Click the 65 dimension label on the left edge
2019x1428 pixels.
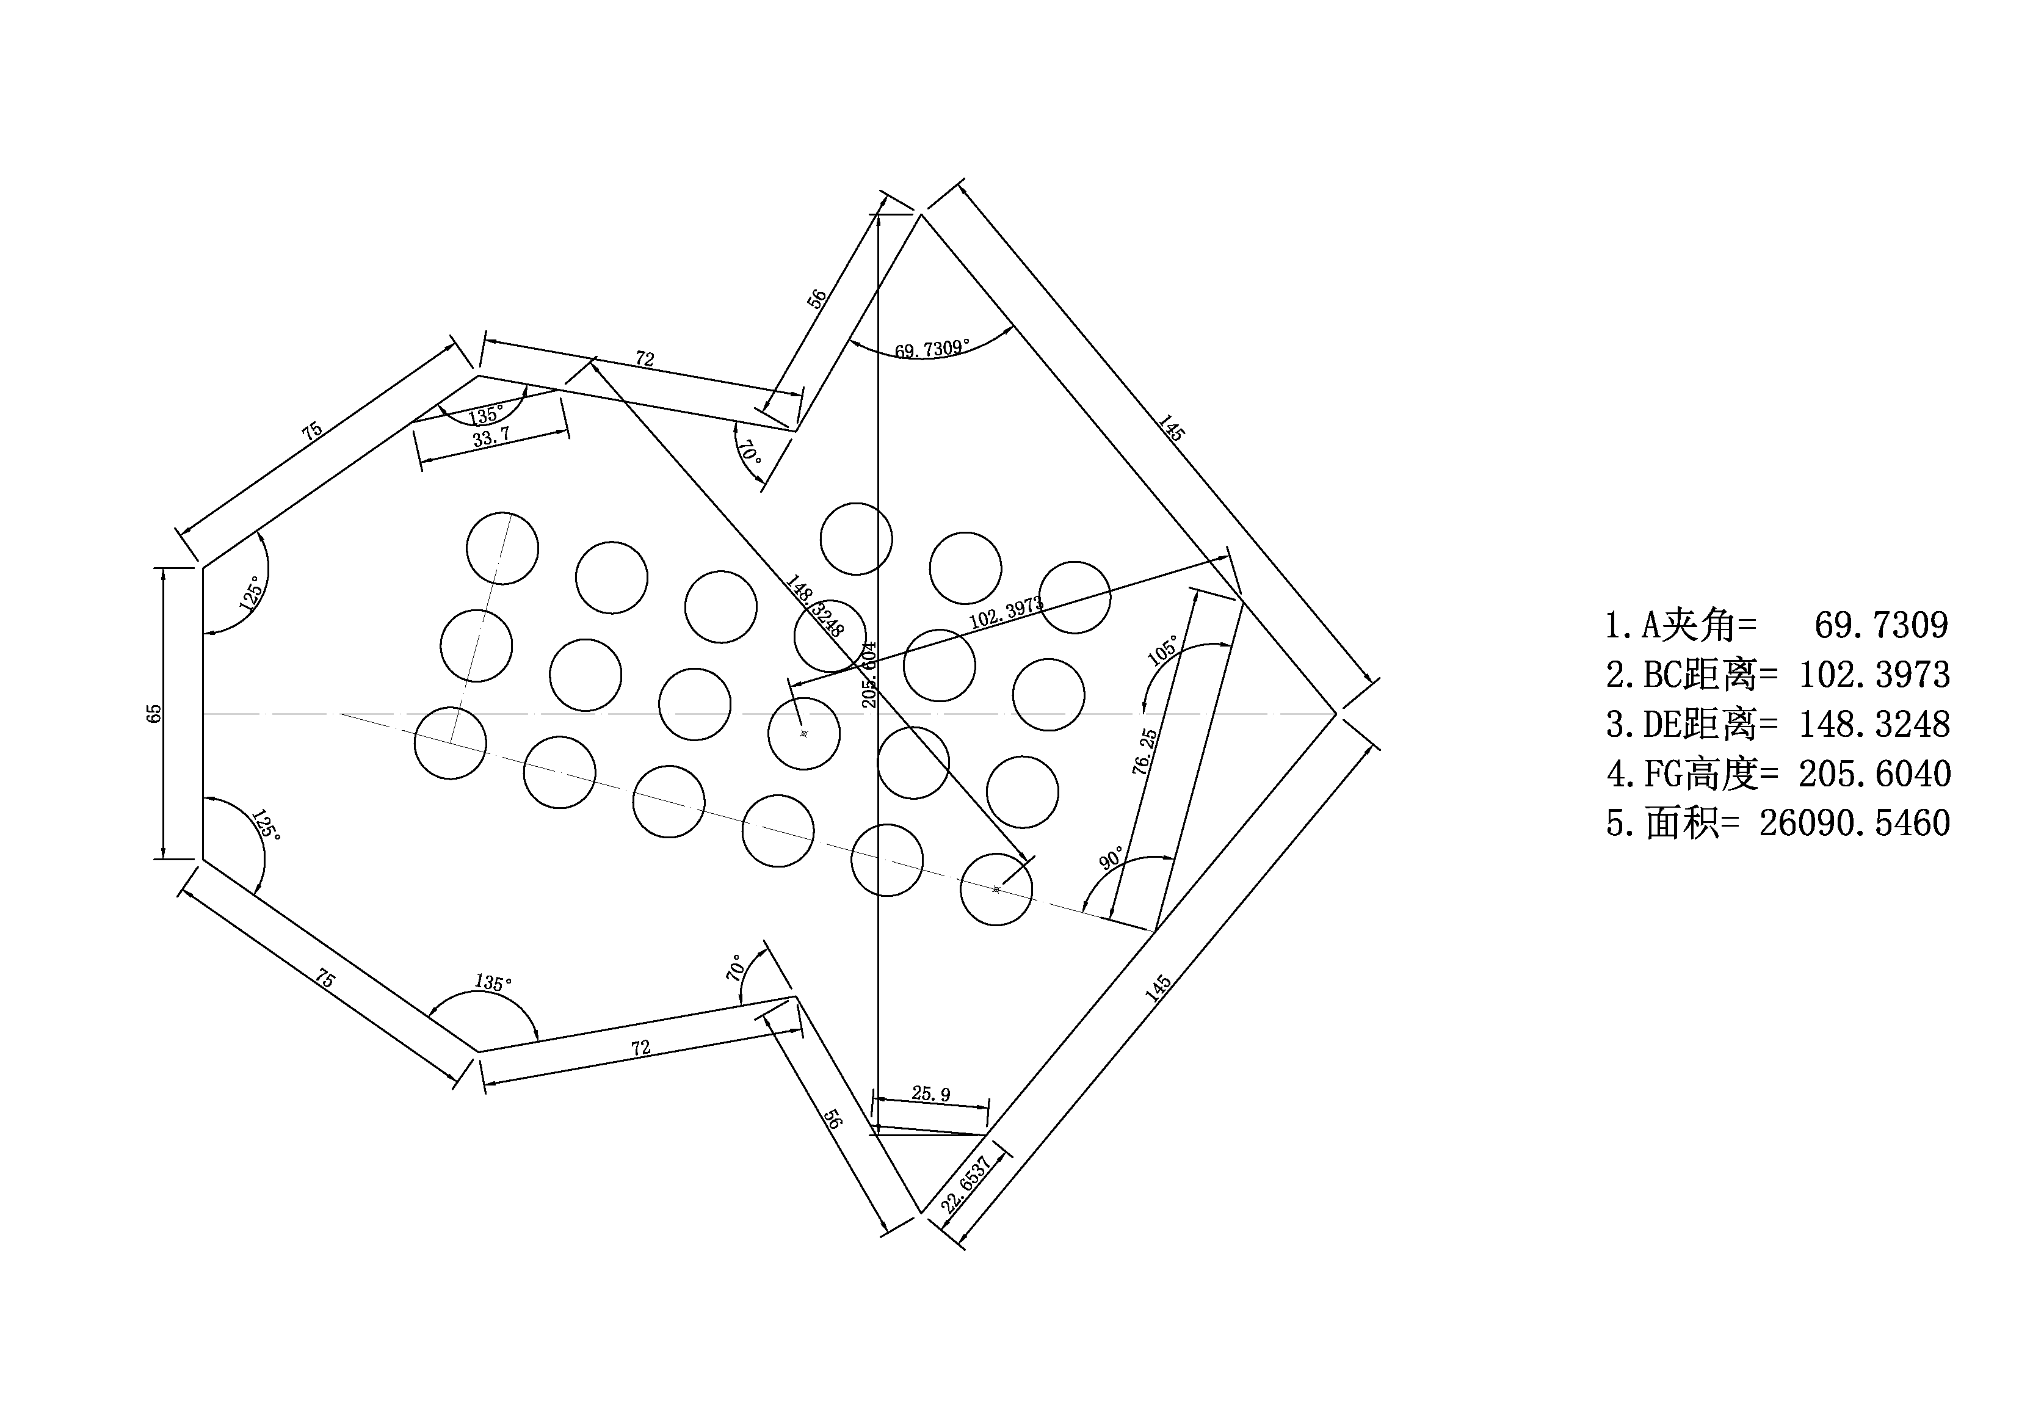point(154,713)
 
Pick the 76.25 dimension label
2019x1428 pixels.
point(1144,751)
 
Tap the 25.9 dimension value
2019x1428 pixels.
point(930,1094)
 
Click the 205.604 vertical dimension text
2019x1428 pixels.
point(869,675)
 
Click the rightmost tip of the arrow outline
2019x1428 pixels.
point(1336,714)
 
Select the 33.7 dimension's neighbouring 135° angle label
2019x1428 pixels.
point(485,415)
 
